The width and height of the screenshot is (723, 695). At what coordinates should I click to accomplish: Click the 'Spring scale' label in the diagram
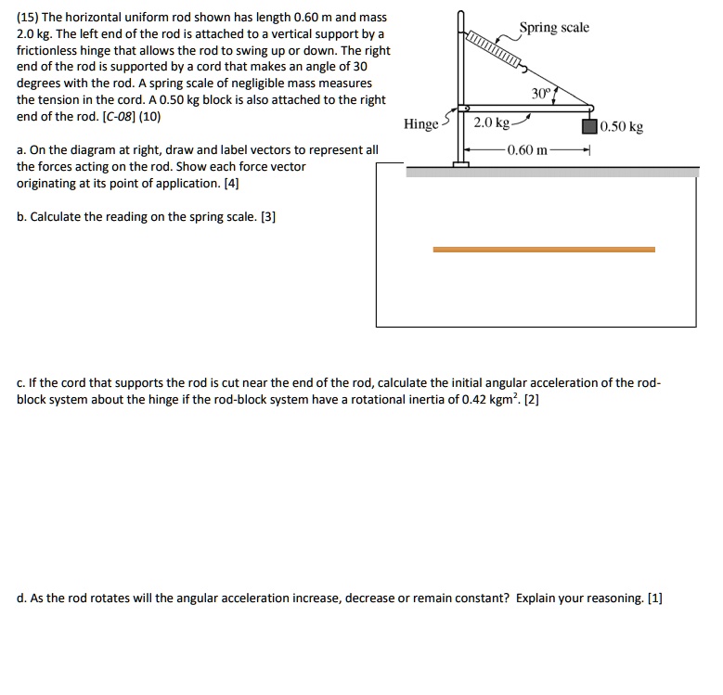(x=553, y=28)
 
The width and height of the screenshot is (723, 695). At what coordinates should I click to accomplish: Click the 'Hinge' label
(x=420, y=124)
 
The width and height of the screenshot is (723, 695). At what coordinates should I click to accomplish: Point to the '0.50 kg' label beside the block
(x=622, y=127)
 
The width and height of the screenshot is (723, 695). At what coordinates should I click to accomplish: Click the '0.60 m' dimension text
(x=527, y=149)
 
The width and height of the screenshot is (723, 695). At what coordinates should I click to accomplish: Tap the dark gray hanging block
(x=588, y=127)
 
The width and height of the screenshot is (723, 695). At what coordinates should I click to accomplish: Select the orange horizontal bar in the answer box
(x=544, y=250)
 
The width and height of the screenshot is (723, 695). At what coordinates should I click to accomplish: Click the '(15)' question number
(x=30, y=18)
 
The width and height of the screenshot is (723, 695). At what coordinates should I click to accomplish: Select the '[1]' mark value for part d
(x=656, y=598)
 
